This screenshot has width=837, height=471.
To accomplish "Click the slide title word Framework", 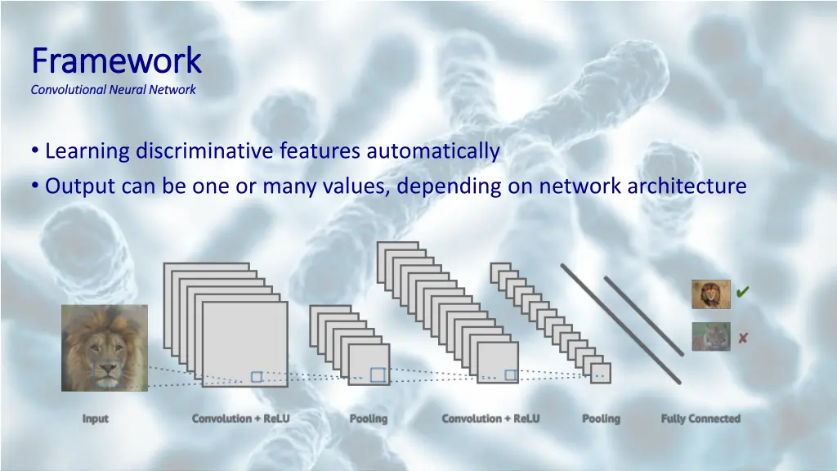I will click(115, 61).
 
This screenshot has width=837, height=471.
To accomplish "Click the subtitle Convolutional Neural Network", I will click(113, 90).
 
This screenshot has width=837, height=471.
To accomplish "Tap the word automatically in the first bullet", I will click(432, 151).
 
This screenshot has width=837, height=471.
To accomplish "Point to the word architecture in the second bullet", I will click(687, 186).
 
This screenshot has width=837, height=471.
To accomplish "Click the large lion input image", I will click(105, 348).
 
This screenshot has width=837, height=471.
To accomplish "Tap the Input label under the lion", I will click(96, 419).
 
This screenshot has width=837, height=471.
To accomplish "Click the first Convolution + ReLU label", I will click(241, 419).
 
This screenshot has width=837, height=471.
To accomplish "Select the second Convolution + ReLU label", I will click(490, 419).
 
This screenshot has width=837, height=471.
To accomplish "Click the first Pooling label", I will click(369, 419).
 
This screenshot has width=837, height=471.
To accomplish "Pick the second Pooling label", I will click(601, 419).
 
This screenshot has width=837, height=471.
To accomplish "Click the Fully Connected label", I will click(700, 419).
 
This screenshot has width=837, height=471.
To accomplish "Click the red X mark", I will click(743, 338).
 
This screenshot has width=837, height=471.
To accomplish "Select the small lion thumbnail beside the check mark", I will click(711, 294).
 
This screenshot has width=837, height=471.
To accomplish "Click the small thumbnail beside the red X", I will click(711, 337).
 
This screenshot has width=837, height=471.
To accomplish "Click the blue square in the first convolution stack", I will click(257, 377).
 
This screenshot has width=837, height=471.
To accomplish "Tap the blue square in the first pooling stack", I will click(378, 375).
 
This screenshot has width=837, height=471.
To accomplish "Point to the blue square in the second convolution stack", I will click(511, 375).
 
